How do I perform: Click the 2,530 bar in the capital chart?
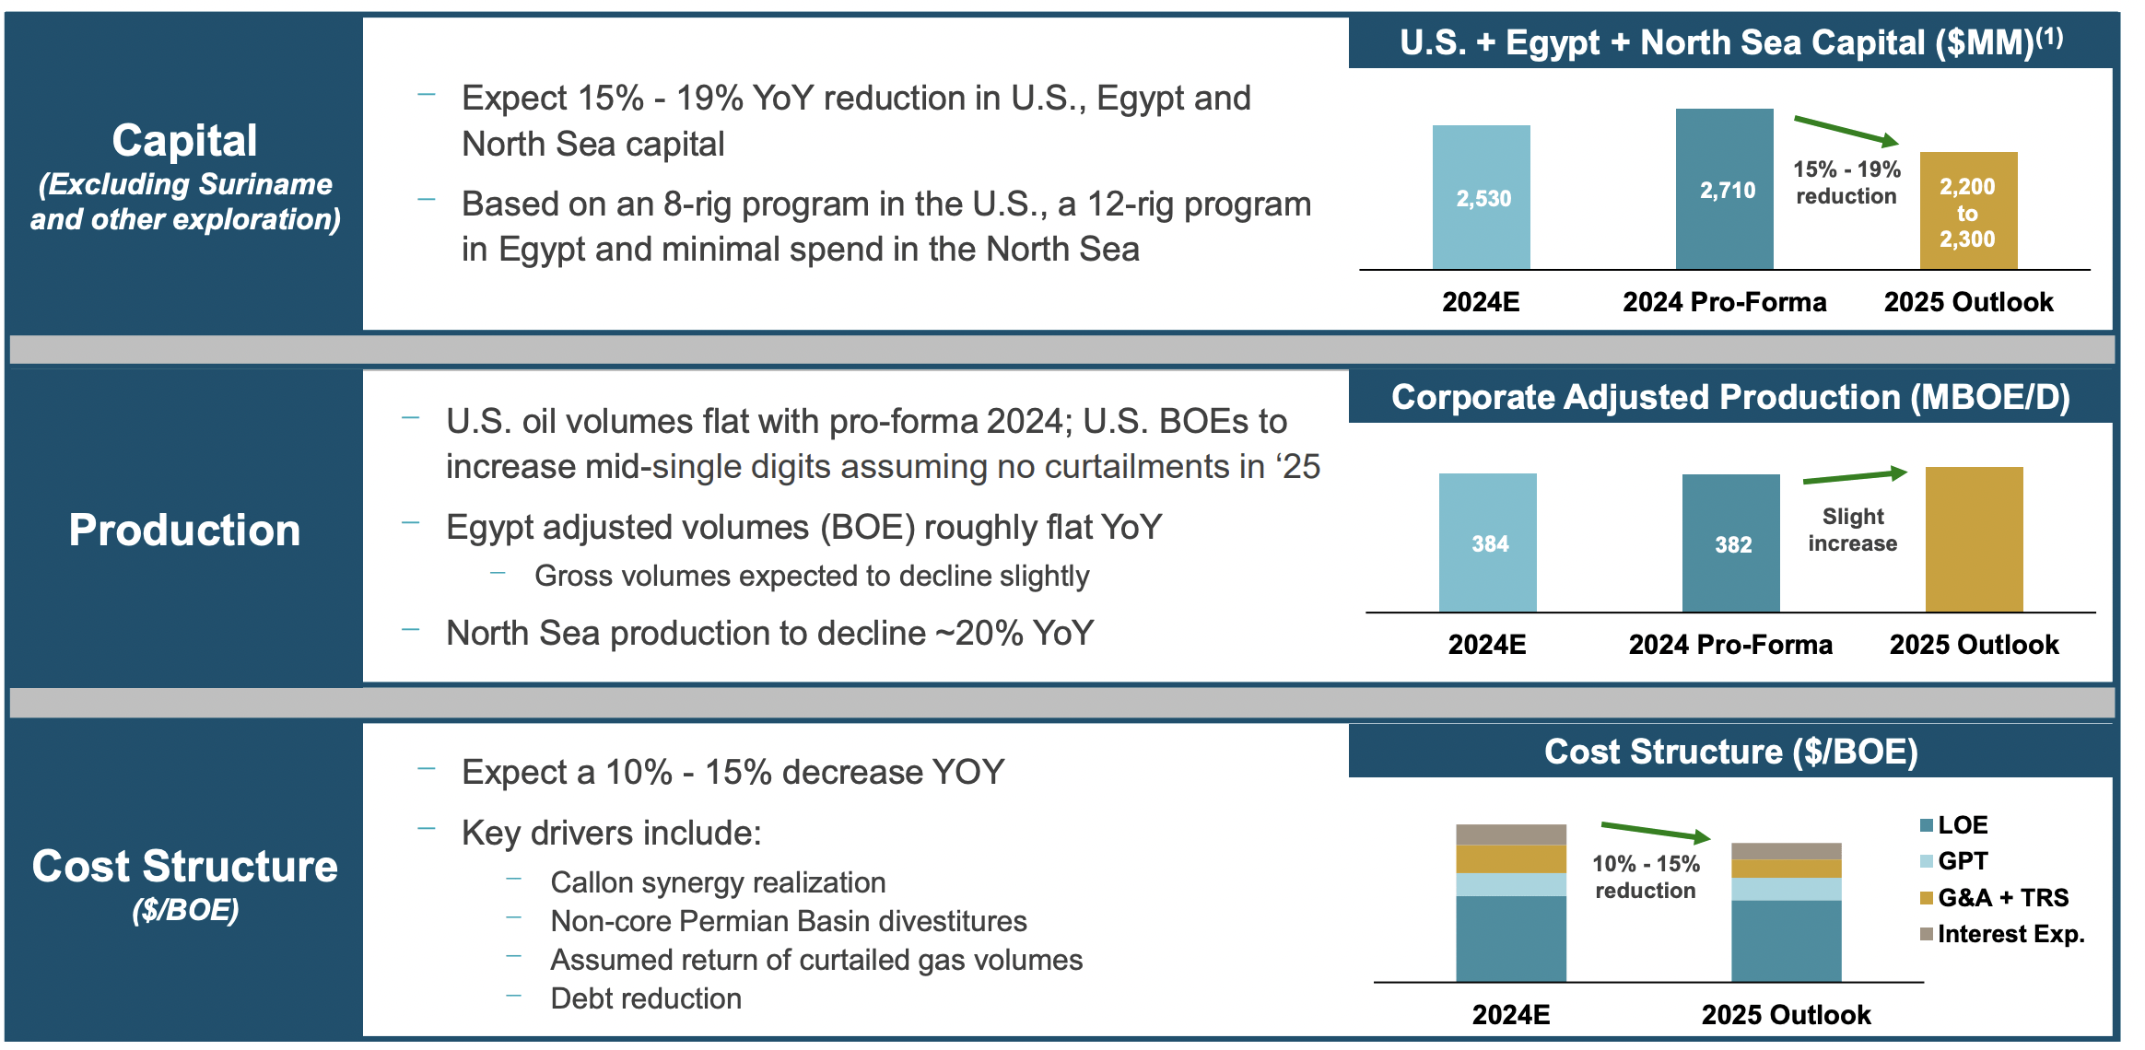(1481, 197)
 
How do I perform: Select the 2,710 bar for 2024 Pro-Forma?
(1724, 190)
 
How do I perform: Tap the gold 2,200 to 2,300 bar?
(1968, 212)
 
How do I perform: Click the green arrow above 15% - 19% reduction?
(1846, 131)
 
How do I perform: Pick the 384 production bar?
(1487, 543)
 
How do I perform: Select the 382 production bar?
(1730, 543)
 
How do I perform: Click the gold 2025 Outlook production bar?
(1974, 540)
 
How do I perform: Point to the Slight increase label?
(1852, 530)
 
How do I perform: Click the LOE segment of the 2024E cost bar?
(1510, 938)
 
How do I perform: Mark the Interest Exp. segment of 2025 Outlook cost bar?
(1786, 851)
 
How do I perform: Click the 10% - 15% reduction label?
(1646, 877)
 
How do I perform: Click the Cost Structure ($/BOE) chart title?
(1730, 752)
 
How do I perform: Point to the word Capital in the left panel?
(184, 141)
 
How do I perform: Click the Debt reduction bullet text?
(645, 998)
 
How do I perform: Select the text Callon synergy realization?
(717, 882)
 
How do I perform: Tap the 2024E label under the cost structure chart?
(1510, 1014)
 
